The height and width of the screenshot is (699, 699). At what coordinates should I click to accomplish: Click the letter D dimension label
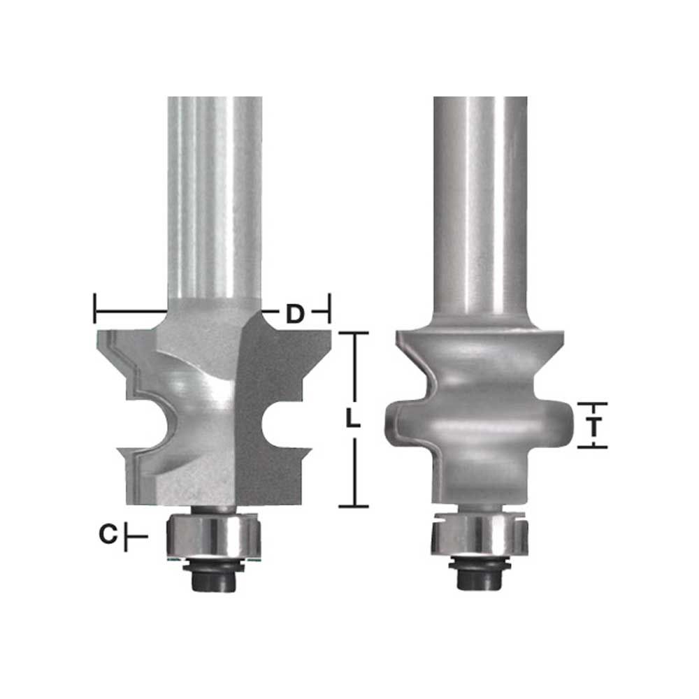click(295, 314)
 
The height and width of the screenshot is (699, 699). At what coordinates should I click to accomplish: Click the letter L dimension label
click(353, 419)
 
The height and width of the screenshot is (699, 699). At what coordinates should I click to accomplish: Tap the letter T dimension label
click(593, 427)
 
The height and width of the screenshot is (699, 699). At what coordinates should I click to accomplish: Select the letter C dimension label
click(108, 534)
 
